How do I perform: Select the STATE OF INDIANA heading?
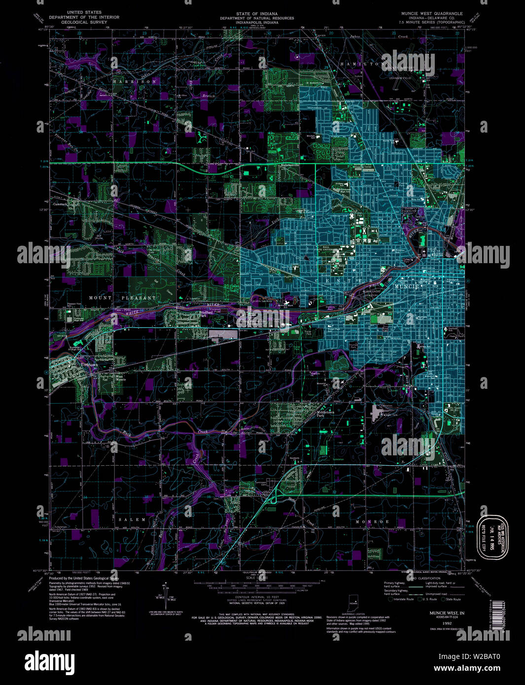pyautogui.click(x=256, y=13)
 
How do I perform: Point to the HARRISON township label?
pyautogui.click(x=135, y=81)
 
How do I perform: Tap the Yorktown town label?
pyautogui.click(x=89, y=365)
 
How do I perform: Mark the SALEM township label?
pyautogui.click(x=132, y=519)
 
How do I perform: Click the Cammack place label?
pyautogui.click(x=60, y=203)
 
